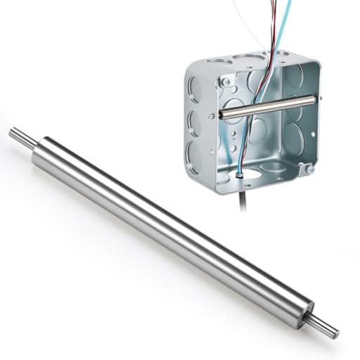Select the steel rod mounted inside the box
[267, 108]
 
